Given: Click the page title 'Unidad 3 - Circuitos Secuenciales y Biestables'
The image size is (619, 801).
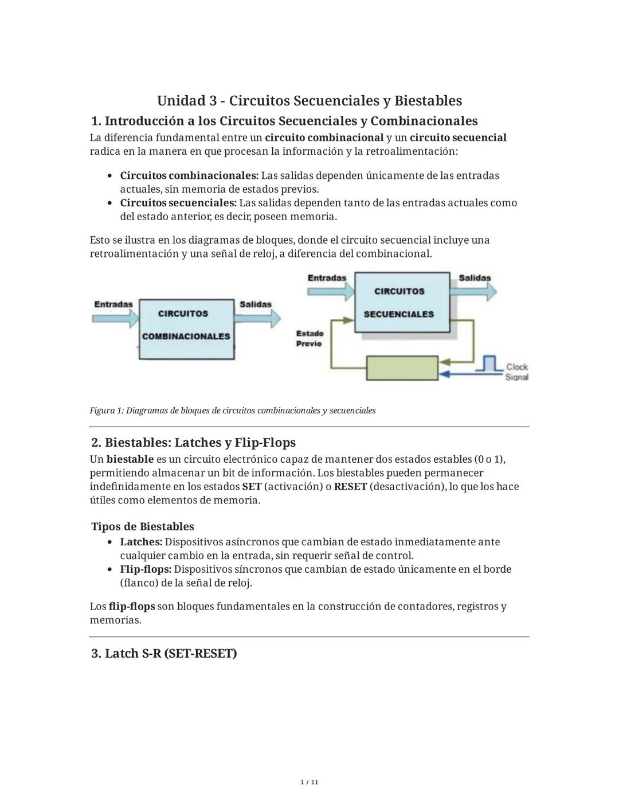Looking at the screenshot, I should (x=309, y=101).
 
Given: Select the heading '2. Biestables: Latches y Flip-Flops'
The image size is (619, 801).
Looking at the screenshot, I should (x=193, y=443).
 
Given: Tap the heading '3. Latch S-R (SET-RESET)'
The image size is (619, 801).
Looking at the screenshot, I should (x=164, y=654).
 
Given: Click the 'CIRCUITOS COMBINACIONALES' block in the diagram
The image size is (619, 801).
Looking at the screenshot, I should (x=186, y=329).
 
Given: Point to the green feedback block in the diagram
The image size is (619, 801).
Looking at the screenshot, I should (x=402, y=368).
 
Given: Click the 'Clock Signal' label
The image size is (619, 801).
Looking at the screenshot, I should (x=516, y=372).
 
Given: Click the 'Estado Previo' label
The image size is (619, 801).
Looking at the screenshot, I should (x=309, y=338).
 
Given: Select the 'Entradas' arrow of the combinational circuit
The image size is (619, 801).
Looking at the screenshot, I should (x=115, y=317).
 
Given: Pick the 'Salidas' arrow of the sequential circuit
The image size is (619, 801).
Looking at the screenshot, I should (x=473, y=291).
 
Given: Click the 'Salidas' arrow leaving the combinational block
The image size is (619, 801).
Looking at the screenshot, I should (x=258, y=318).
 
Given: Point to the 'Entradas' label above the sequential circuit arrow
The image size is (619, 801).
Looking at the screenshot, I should (x=327, y=278).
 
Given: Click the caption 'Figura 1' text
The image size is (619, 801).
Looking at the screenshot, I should (x=232, y=411).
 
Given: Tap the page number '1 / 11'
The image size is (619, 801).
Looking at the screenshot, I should (x=309, y=782).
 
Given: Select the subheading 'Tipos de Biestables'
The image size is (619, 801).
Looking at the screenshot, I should (x=143, y=526).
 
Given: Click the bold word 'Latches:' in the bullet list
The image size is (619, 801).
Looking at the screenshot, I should (x=141, y=542).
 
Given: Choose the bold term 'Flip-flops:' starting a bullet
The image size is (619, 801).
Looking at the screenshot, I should (x=146, y=569).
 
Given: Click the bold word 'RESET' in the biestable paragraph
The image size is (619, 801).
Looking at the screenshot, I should (x=350, y=487).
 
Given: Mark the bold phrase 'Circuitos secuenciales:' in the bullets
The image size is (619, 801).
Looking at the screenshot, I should (x=178, y=203).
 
